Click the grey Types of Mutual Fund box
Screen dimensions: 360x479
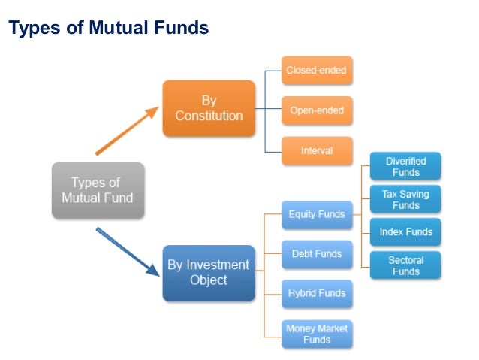point(98,190)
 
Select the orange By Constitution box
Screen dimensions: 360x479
point(209,108)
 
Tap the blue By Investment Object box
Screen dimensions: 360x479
point(209,273)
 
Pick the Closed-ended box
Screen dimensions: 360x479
point(317,70)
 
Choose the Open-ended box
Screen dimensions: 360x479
point(317,110)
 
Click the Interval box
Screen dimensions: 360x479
point(317,150)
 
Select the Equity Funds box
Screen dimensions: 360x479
point(317,214)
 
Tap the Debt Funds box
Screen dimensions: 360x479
point(317,254)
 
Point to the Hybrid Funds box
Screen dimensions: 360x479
point(317,293)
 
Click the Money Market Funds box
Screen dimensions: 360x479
point(317,334)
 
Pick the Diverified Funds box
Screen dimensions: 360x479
point(405,166)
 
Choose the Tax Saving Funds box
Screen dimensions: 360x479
point(405,199)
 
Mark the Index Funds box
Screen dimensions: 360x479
point(405,232)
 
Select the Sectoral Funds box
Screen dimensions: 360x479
point(405,265)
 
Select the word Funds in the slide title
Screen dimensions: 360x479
point(180,29)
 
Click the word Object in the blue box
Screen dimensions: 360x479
point(209,280)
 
